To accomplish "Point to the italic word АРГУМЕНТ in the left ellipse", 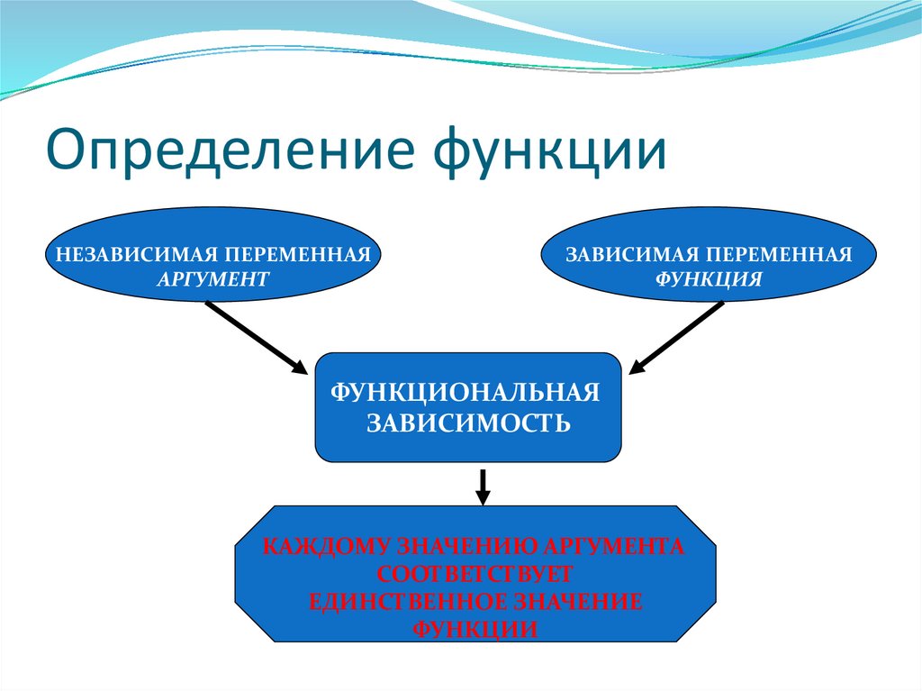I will (212, 279).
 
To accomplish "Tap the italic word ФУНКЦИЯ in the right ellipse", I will (709, 279).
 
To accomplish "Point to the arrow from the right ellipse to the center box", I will (676, 336).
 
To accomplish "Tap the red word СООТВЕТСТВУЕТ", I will (475, 574).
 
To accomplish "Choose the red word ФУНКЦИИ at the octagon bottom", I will (475, 629).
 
